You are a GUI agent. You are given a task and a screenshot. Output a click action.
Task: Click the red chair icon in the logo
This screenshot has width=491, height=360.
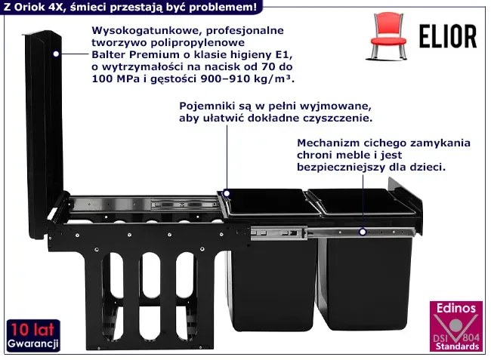[x=388, y=35]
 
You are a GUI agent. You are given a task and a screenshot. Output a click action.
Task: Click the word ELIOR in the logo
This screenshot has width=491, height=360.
[x=448, y=36]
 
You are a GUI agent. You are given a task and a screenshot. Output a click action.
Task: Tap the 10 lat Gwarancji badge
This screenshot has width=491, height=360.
[x=33, y=336]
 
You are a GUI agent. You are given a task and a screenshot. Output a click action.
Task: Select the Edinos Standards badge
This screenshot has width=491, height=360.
[x=456, y=326]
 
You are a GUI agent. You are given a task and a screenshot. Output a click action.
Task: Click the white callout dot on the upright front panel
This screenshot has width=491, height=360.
[x=56, y=54]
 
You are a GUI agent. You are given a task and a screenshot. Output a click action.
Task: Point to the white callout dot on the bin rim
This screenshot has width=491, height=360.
[x=227, y=193]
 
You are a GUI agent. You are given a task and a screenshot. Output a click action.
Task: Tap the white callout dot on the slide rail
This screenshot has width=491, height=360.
[x=363, y=232]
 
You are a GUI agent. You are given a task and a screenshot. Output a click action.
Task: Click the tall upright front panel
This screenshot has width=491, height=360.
[x=44, y=134]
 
